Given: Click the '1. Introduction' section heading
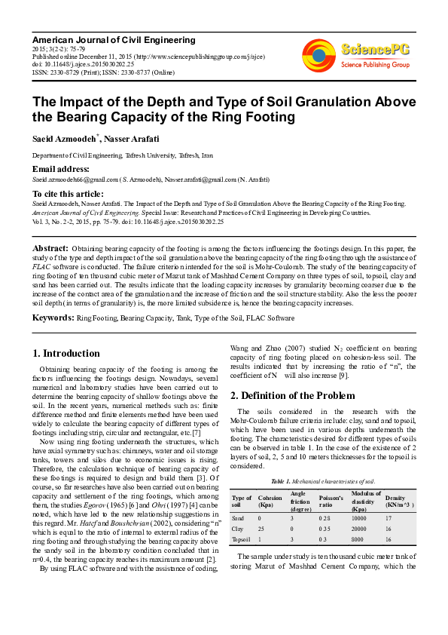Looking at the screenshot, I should coord(67,353).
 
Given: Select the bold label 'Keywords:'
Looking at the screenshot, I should coord(53,318).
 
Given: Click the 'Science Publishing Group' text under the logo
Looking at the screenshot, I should coord(374,65).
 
